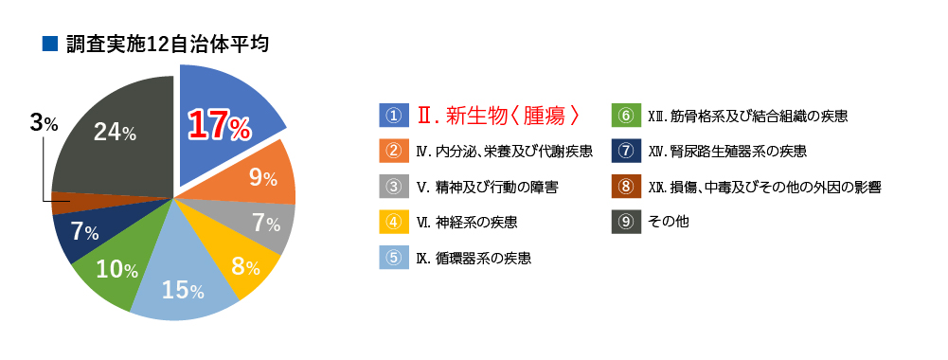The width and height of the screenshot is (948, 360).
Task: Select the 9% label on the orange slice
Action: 262,177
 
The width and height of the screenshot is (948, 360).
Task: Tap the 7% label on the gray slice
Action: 265,225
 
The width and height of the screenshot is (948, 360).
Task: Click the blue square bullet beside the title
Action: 50,44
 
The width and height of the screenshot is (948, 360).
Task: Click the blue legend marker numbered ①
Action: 393,116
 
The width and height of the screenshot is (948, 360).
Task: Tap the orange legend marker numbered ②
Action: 393,151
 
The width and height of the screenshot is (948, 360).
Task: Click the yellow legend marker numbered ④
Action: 393,223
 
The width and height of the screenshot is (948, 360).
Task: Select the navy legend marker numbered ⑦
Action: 626,151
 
